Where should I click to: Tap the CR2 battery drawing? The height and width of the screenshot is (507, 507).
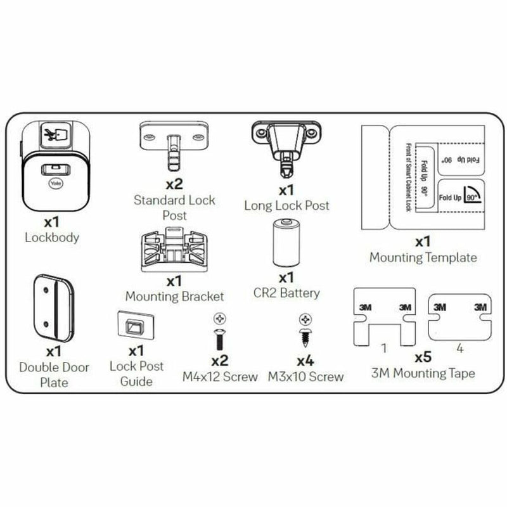[x=286, y=243]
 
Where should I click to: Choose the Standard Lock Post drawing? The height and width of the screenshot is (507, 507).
[x=173, y=146]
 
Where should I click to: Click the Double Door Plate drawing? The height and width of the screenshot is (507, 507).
[x=54, y=307]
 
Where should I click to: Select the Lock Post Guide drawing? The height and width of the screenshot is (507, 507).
[x=136, y=327]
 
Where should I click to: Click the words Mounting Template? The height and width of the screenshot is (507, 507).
[x=423, y=257]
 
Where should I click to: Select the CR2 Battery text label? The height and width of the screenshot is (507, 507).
[x=286, y=293]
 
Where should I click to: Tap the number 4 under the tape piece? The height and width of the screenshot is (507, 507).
[x=460, y=348]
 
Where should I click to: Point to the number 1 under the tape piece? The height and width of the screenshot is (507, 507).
[x=384, y=348]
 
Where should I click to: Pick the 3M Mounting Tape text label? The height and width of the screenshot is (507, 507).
[x=423, y=374]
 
